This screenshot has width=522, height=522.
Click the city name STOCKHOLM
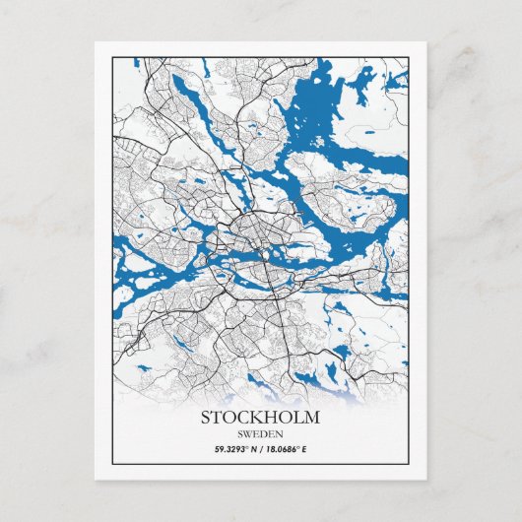[x=260, y=417]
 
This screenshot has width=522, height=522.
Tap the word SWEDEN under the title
[x=260, y=434]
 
